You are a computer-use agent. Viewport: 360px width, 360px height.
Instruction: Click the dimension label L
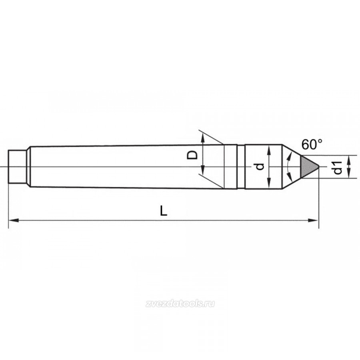[164, 210]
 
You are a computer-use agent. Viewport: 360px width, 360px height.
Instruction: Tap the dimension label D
[192, 155]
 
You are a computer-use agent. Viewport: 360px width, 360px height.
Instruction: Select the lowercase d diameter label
[259, 167]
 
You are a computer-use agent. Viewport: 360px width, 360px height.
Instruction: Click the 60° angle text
[312, 144]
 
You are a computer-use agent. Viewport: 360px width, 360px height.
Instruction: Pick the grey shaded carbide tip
[308, 166]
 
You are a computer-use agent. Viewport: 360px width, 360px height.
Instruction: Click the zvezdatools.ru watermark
[180, 304]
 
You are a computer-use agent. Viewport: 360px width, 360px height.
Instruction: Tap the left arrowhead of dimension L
[13, 220]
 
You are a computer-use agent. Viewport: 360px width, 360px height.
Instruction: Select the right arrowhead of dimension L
[313, 220]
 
